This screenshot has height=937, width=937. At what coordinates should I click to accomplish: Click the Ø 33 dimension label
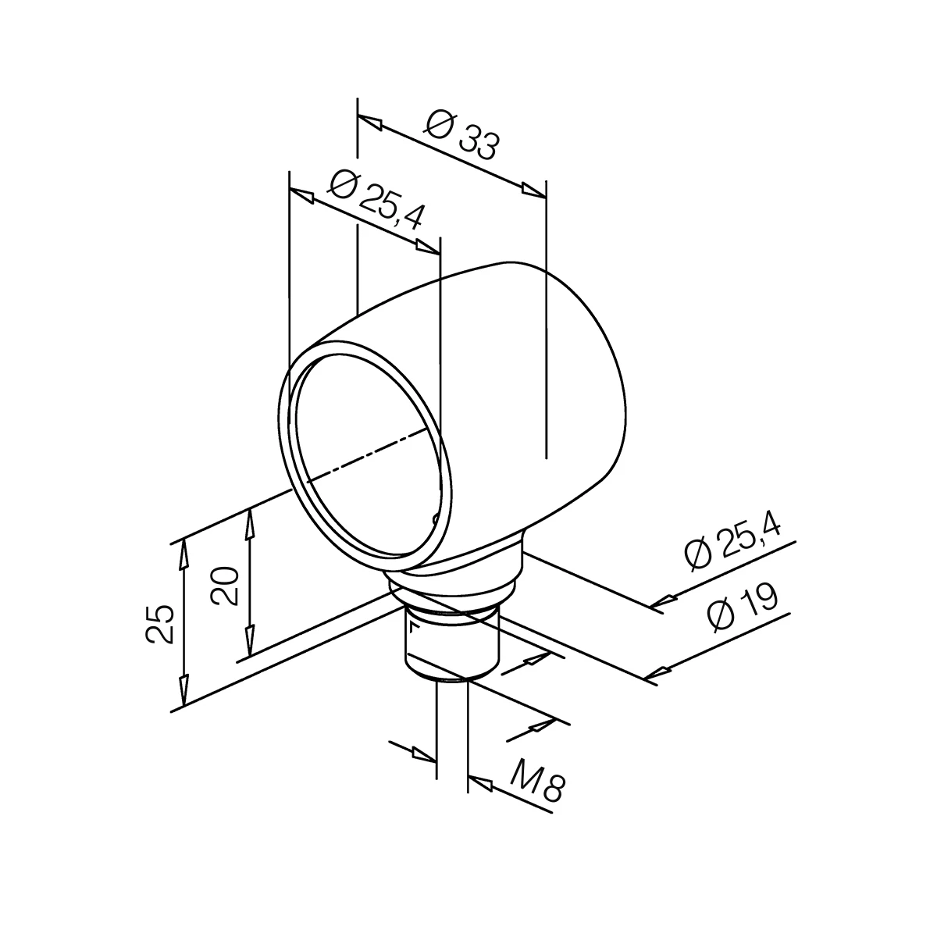click(x=463, y=134)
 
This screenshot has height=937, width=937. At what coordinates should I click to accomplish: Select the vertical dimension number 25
click(x=160, y=623)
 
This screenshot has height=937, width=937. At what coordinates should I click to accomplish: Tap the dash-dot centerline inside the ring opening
click(x=367, y=453)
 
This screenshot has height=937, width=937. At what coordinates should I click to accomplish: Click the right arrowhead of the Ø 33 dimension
click(x=533, y=189)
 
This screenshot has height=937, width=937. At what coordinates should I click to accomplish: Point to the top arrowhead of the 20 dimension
click(x=250, y=522)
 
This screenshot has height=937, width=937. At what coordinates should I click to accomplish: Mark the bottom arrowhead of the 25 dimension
click(x=183, y=691)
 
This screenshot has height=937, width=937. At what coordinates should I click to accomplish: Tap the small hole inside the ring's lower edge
click(x=435, y=518)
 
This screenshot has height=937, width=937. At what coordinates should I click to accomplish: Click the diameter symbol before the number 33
click(x=440, y=123)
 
